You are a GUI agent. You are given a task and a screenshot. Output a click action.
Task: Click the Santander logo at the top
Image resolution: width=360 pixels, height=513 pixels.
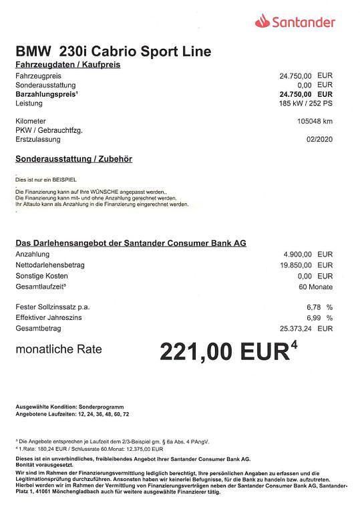coord(295,23)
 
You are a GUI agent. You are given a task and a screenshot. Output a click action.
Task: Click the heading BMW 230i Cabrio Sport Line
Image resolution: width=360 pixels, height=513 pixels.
coord(114,51)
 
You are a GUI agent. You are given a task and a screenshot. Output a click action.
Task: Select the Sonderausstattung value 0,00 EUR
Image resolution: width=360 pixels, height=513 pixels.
coord(315,85)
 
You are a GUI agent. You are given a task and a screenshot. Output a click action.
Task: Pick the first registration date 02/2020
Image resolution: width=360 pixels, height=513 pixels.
coord(319,139)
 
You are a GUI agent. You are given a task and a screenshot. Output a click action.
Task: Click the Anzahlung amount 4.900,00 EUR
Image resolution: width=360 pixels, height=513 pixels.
coord(308,254)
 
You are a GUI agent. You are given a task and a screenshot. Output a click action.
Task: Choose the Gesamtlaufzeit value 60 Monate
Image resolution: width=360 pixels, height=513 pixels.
coord(316,287)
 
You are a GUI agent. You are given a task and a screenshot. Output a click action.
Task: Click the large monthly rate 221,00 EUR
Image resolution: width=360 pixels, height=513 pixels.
coord(227,351)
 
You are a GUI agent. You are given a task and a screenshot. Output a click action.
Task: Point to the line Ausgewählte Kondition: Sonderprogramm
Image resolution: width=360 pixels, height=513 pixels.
coord(69,407)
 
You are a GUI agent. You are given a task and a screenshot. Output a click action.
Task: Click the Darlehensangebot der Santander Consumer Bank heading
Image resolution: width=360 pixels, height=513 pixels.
coord(131,243)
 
